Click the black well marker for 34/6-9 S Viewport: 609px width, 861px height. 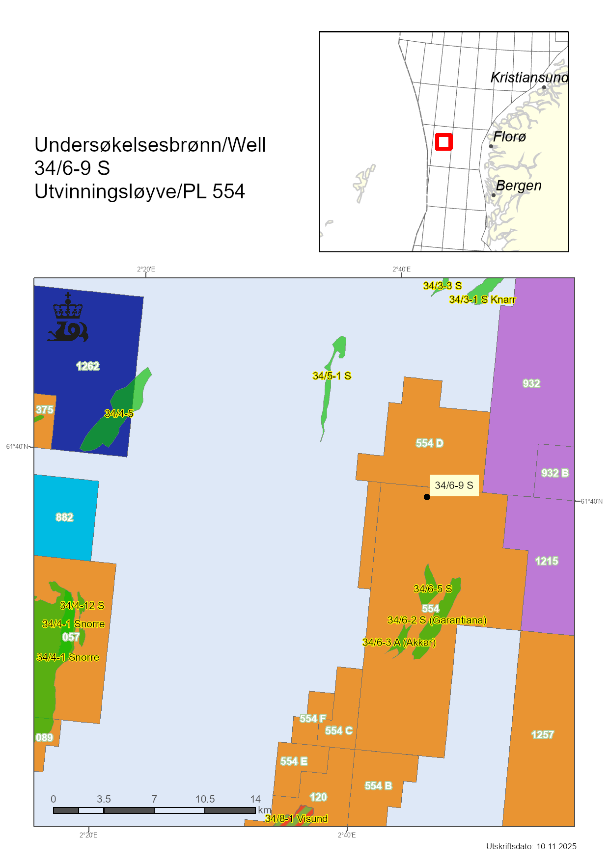click(x=427, y=497)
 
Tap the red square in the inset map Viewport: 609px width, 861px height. click(x=443, y=142)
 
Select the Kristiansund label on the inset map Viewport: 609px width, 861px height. click(x=529, y=78)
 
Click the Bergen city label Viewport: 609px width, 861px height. click(x=519, y=186)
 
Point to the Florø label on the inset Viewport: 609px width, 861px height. click(x=509, y=136)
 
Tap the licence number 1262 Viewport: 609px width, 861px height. click(x=88, y=366)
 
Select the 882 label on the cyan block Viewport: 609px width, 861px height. click(x=64, y=517)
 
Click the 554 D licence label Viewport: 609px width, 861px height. click(x=429, y=443)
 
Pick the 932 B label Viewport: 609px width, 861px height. click(x=555, y=473)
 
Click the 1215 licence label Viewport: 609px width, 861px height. click(x=547, y=561)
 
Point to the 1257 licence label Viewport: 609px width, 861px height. click(x=542, y=734)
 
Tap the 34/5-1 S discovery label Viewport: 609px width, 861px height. click(x=332, y=376)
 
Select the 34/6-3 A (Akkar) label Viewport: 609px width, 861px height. click(x=399, y=642)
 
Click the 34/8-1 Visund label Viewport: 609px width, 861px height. click(x=296, y=818)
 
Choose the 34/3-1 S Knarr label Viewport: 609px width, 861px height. click(x=482, y=299)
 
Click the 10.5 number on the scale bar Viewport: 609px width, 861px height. click(x=205, y=799)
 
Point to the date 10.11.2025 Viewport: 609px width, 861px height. click(x=556, y=846)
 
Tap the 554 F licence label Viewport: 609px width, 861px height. click(x=313, y=719)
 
